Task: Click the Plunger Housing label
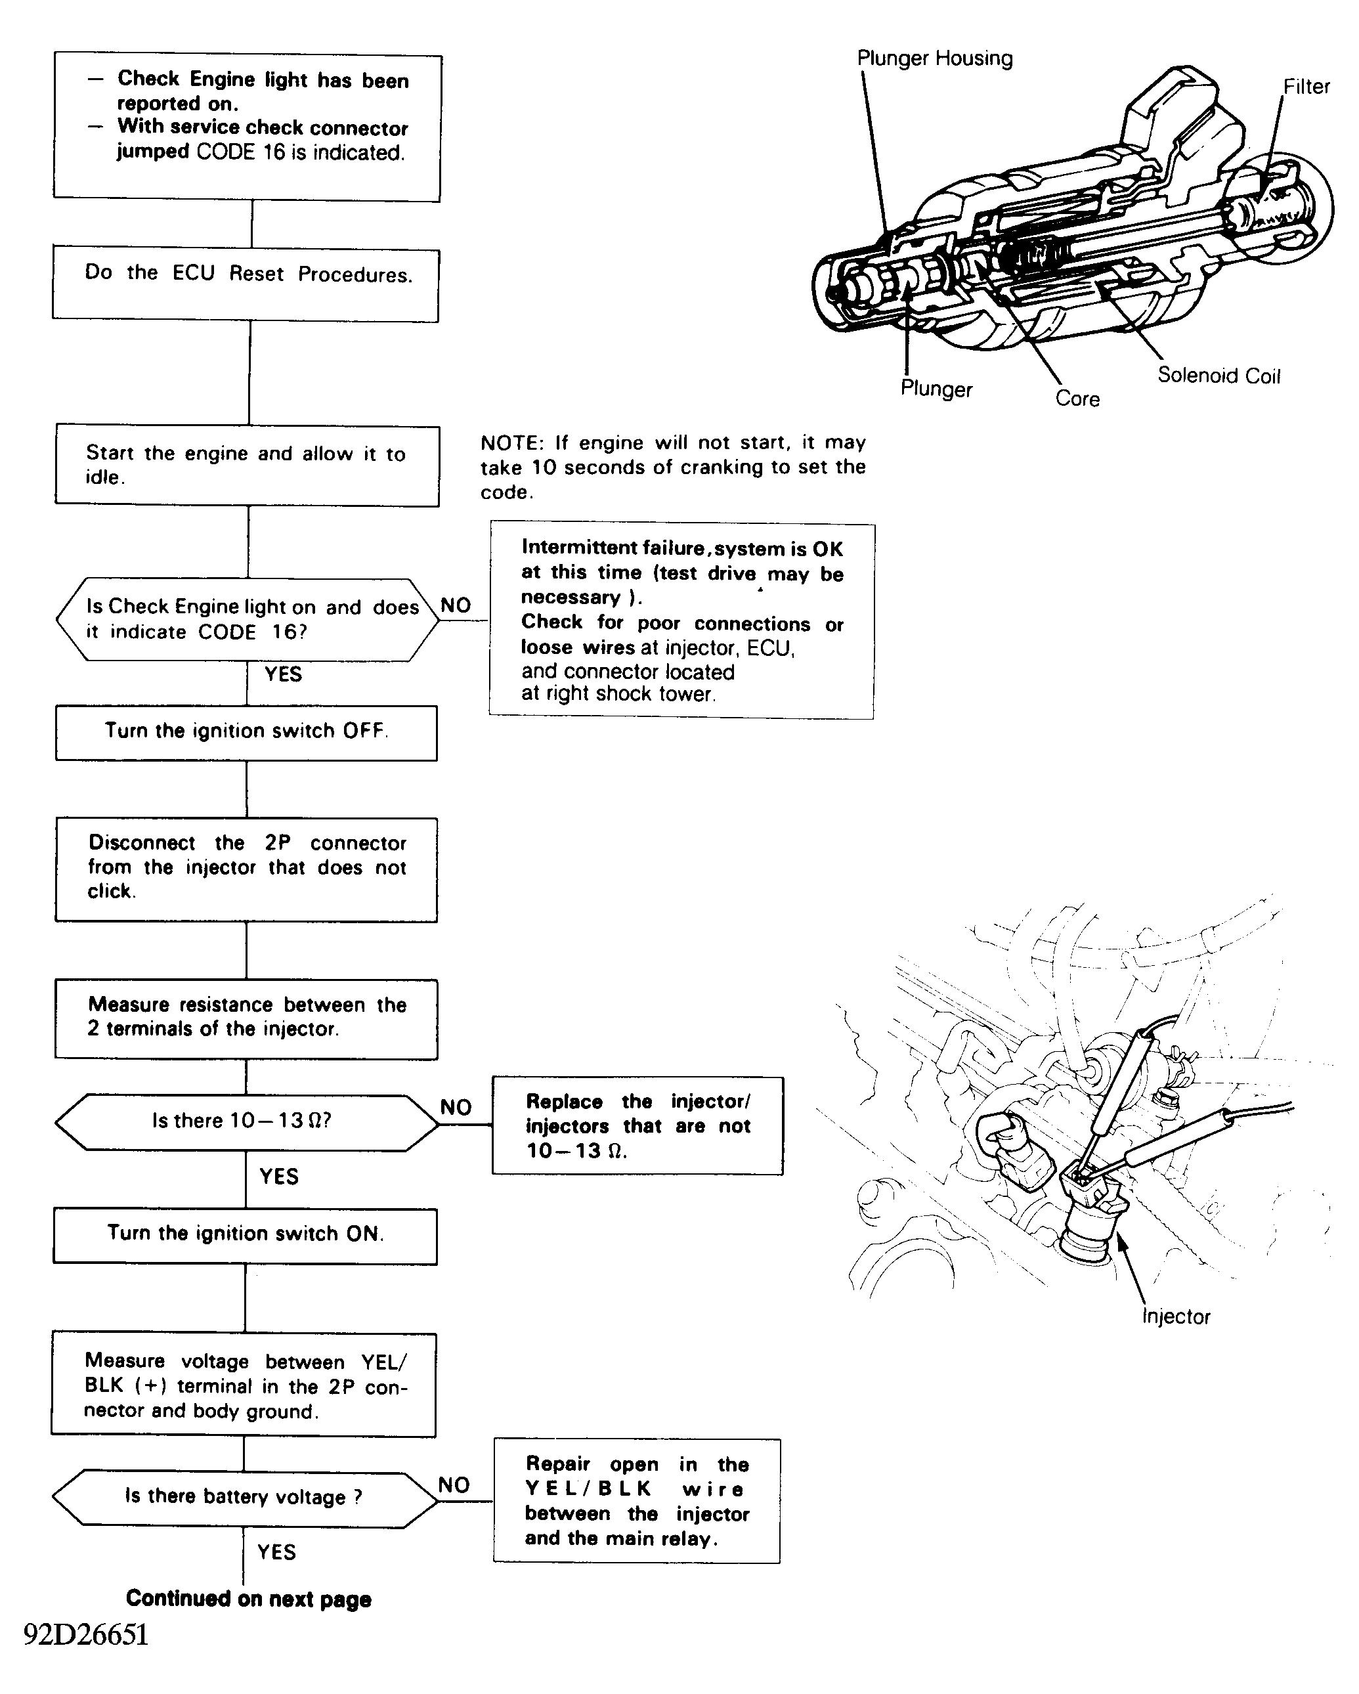tap(934, 58)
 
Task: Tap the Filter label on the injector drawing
tap(1306, 87)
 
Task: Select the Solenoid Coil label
tap(1219, 376)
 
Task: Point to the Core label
tap(1077, 399)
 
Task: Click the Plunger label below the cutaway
tap(936, 389)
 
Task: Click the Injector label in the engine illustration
tap(1175, 1316)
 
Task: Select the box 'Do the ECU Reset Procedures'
tap(246, 285)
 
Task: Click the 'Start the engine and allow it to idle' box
tap(247, 466)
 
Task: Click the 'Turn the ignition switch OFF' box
tap(246, 732)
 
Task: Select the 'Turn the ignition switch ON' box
tap(245, 1235)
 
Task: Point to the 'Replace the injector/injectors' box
tap(637, 1125)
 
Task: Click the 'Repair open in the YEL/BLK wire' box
tap(637, 1501)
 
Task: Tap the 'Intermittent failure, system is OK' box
tap(681, 620)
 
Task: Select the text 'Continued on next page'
tap(248, 1599)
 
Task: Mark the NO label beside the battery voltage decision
tap(454, 1485)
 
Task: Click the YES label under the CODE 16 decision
tap(283, 674)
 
